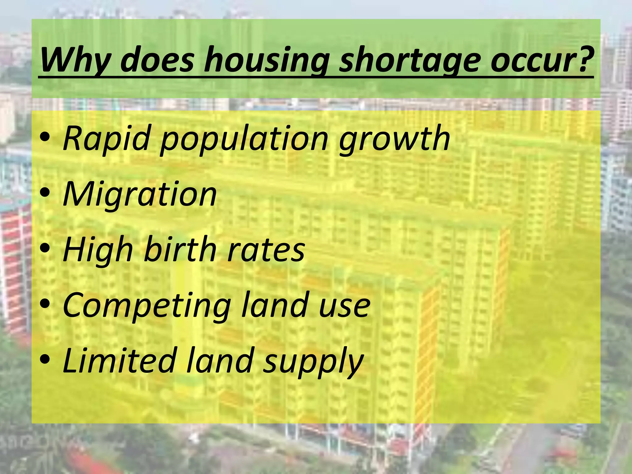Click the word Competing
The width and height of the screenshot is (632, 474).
[x=147, y=306]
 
